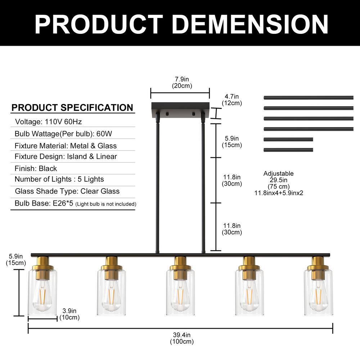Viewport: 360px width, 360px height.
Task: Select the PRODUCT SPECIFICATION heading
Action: point(72,107)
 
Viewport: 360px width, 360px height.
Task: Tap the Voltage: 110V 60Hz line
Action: point(49,121)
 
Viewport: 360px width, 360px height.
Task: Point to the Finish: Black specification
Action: point(36,168)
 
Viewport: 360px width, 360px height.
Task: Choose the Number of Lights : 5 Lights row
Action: point(59,179)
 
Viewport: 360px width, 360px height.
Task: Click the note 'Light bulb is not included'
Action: point(106,204)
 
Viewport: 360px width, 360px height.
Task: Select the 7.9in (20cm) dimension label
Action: point(182,82)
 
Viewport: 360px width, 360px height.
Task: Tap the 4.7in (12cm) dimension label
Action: point(231,100)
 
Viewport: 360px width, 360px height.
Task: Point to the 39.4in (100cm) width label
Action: point(181,338)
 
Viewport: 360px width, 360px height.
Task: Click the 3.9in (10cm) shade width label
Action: point(69,314)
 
